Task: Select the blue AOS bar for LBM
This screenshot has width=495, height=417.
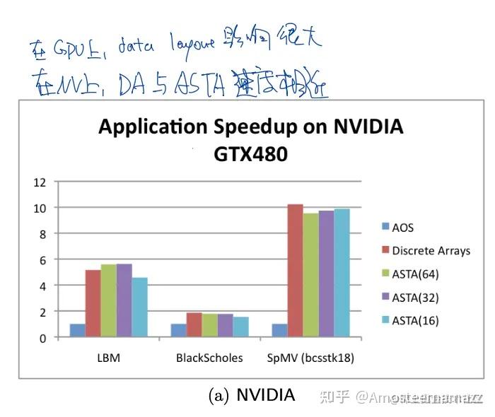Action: click(x=77, y=330)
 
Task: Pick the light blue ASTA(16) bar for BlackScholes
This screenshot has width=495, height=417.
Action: click(x=241, y=327)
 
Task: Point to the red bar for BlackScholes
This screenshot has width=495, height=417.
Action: click(x=194, y=325)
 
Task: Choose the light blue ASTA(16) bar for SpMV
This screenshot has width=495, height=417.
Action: click(x=342, y=273)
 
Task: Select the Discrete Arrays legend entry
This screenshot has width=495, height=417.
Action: click(x=431, y=250)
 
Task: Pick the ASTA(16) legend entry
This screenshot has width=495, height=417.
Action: click(x=415, y=320)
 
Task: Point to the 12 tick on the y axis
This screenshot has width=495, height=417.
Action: click(x=40, y=182)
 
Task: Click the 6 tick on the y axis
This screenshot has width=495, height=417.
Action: click(x=42, y=260)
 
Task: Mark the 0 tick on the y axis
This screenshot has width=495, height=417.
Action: click(x=42, y=338)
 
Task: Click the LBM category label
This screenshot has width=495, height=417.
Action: click(x=108, y=358)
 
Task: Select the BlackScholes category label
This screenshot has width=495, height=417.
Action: click(x=209, y=358)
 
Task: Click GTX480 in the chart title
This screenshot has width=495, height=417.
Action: click(x=251, y=153)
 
